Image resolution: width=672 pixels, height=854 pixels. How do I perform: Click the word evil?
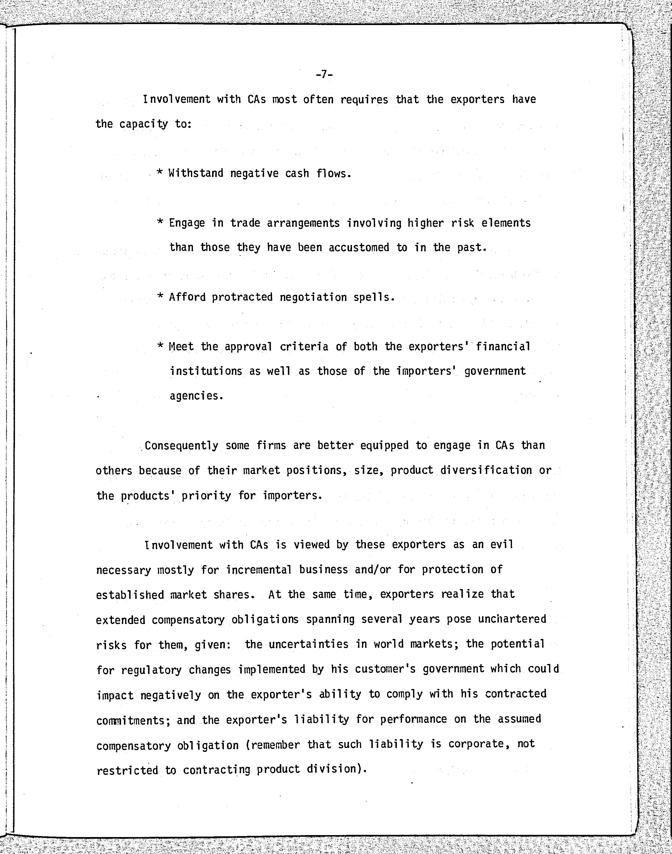(502, 545)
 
